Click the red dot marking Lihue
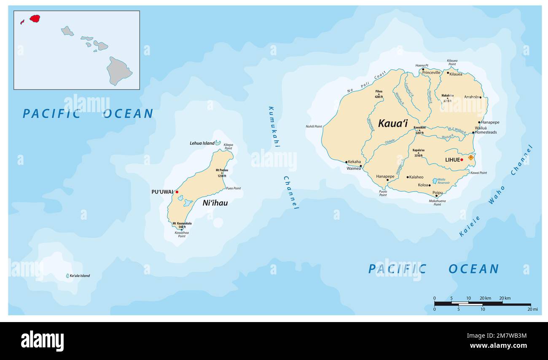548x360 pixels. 462,160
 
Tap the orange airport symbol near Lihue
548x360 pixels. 470,157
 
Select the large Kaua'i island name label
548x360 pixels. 392,124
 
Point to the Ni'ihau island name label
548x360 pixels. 215,203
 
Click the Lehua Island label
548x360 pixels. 202,143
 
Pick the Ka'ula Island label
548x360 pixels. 80,276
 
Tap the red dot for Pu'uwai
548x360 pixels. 177,192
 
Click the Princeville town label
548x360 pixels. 431,73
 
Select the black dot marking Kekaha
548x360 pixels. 347,162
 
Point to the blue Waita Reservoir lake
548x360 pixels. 435,181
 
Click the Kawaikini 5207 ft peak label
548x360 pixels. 419,130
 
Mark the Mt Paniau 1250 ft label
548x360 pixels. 222,173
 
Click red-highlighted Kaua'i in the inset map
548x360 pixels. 35,19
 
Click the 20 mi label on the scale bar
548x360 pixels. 532,309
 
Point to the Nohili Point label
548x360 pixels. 314,126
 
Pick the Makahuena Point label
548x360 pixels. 438,203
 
